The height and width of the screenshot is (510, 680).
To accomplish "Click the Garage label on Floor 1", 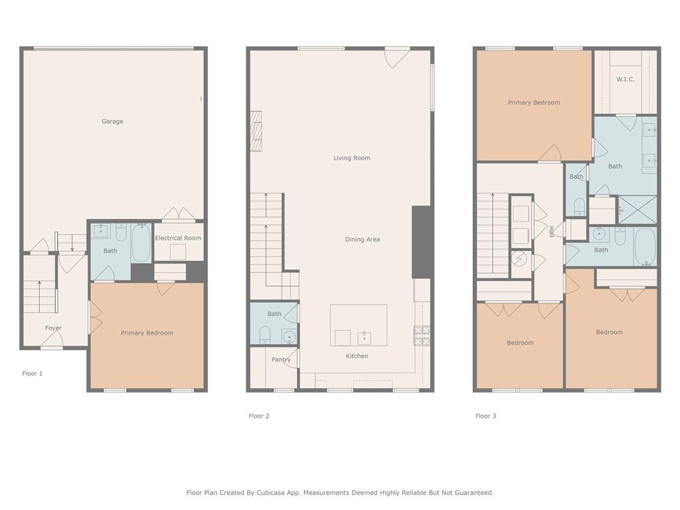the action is point(112,122).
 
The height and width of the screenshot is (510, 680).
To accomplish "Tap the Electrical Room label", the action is point(178,238).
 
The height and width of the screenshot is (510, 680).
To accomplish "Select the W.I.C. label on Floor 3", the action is point(626,80).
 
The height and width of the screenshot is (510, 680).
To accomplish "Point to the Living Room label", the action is point(352,158).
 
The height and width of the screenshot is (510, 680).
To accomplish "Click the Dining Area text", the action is point(363,239).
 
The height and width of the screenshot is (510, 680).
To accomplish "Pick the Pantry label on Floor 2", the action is point(281,359).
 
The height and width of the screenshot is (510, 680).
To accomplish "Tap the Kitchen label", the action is point(357,356).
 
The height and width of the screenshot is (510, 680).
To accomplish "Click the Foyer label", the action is point(53,328).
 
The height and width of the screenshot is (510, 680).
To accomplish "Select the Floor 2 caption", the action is point(259,416).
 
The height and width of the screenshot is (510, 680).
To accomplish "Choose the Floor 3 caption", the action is point(485,416).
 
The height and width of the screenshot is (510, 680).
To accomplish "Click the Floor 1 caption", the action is point(33,373).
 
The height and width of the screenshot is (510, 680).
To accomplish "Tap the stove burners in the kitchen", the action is point(422,335).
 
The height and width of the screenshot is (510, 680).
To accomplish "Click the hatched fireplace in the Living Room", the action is point(256,131).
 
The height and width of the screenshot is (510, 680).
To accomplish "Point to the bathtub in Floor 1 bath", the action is point(141,243).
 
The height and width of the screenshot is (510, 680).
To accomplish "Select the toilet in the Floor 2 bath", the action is point(264,335).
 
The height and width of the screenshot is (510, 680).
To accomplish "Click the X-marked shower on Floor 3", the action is point(637,210).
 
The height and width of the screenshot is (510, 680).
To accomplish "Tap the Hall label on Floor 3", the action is point(551,232).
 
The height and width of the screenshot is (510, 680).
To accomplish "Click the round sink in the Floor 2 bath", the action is point(289,337).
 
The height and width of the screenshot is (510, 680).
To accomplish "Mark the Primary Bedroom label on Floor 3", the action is point(534,103).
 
